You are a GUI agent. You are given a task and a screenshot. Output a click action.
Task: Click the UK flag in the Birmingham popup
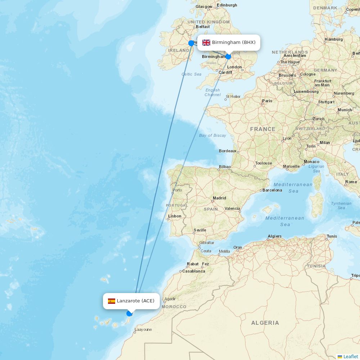(206, 42)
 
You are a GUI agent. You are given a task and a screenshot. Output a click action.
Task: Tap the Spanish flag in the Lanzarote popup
(112, 301)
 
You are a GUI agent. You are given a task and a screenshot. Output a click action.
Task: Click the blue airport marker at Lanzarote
(129, 314)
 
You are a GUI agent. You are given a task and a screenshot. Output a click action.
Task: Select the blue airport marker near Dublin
(191, 43)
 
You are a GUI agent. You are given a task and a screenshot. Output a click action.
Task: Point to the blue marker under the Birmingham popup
(228, 57)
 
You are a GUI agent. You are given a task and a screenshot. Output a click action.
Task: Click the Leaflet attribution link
(350, 356)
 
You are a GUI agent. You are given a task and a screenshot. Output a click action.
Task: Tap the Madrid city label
(219, 198)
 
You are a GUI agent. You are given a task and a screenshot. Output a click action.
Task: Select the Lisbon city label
(175, 216)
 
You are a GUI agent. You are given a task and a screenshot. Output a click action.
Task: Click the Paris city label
(267, 101)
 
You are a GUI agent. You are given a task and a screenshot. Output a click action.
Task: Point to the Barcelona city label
(272, 190)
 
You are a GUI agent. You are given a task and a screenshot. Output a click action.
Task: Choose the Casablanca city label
(193, 271)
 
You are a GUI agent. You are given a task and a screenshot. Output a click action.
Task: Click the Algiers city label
(274, 237)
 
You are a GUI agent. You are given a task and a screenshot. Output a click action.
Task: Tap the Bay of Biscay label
(212, 135)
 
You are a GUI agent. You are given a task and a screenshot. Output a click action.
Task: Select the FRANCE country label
(263, 129)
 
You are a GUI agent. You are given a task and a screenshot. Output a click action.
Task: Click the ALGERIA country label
(265, 323)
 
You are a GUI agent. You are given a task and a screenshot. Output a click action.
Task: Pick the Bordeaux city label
(228, 151)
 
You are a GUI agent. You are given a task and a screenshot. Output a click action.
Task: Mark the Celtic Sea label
(192, 74)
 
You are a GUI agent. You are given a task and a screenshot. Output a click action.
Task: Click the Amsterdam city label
(295, 56)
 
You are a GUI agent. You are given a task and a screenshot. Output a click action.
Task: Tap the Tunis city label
(332, 237)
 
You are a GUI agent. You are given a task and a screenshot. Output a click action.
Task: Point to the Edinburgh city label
(227, 5)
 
